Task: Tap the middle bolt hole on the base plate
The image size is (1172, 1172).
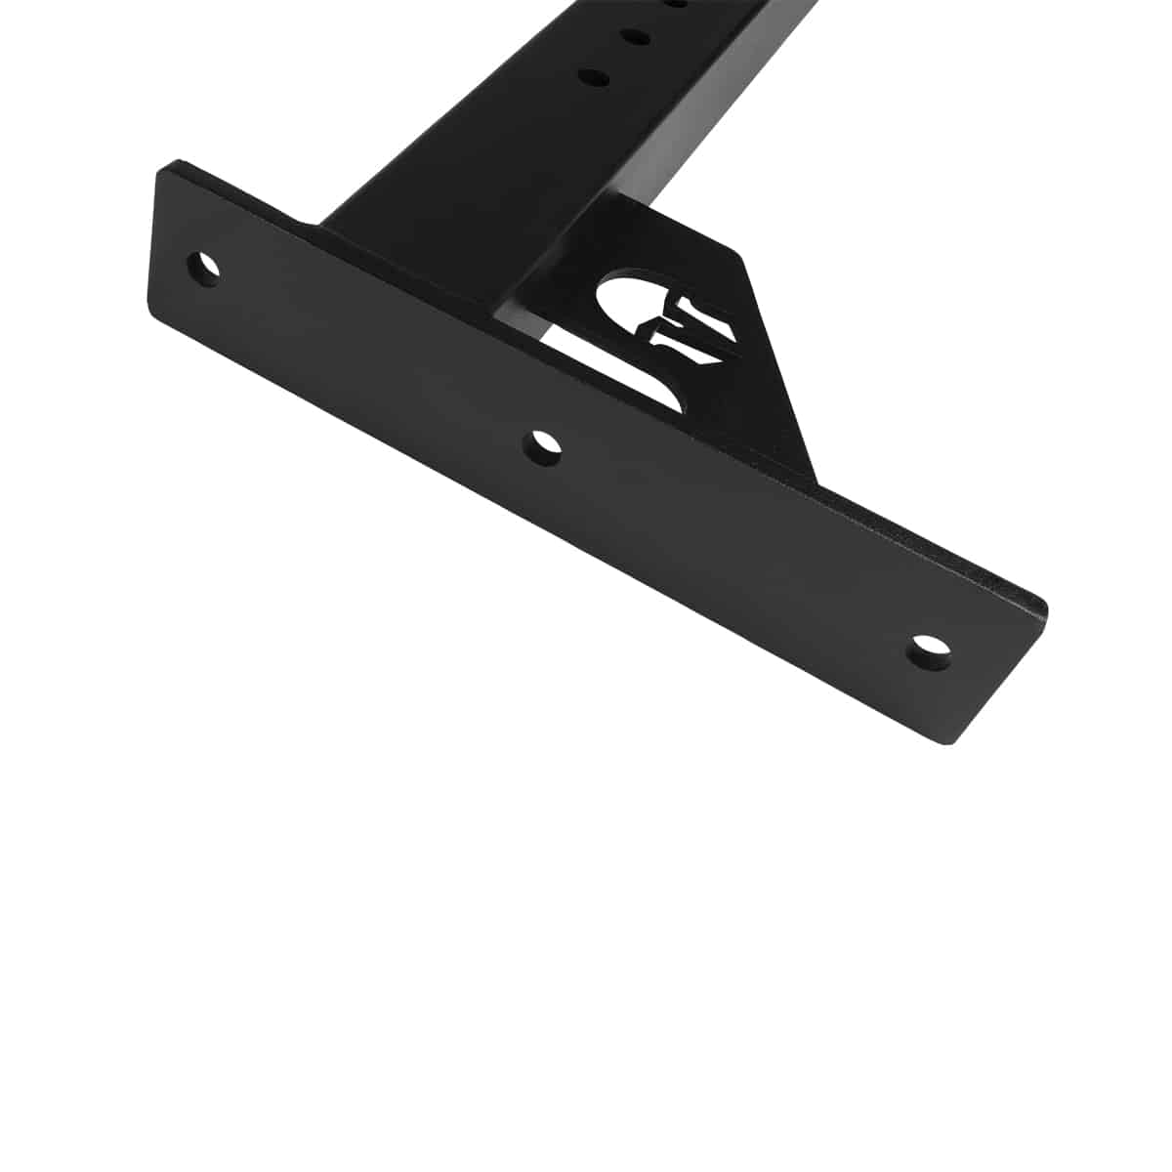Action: pyautogui.click(x=543, y=446)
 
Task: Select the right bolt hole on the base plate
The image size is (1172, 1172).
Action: pyautogui.click(x=931, y=651)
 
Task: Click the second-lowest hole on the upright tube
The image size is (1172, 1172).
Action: pyautogui.click(x=634, y=37)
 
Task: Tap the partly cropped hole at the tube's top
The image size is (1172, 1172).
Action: pyautogui.click(x=674, y=4)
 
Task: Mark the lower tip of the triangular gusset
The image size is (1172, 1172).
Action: pyautogui.click(x=813, y=479)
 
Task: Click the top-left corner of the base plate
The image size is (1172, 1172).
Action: pyautogui.click(x=168, y=163)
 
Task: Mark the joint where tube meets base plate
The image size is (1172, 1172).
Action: pyautogui.click(x=410, y=234)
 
